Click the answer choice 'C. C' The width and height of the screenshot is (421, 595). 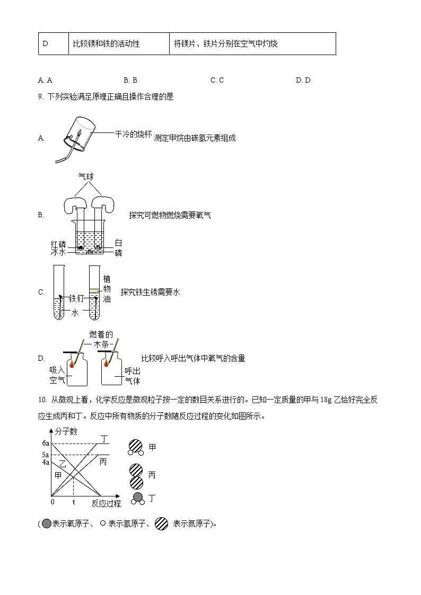(x=217, y=80)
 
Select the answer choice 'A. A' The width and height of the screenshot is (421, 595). (x=45, y=80)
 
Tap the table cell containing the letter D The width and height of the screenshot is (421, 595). (x=46, y=43)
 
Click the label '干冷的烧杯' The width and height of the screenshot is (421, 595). (x=134, y=134)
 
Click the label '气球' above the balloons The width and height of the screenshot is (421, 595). (x=86, y=176)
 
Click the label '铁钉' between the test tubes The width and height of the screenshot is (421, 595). (x=77, y=299)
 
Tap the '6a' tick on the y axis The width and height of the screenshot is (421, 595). (x=46, y=443)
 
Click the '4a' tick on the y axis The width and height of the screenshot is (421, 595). (x=46, y=463)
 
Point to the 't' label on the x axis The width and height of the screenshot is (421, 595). (x=73, y=502)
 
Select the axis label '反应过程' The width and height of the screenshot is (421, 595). (x=106, y=503)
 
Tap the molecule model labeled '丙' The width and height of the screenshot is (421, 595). (x=137, y=476)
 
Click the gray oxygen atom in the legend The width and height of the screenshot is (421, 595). (x=46, y=524)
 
